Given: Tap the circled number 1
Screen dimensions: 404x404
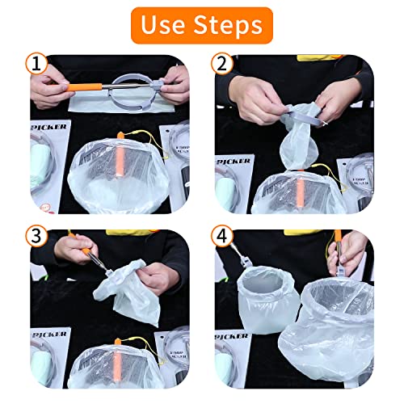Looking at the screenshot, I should (x=36, y=64).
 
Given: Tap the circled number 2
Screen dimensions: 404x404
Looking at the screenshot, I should (x=222, y=64).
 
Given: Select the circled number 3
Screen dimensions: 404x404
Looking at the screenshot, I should (x=36, y=239).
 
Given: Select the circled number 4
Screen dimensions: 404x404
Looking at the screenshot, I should (x=222, y=239).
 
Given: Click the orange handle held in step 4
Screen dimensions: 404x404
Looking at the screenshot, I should (x=338, y=242).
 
